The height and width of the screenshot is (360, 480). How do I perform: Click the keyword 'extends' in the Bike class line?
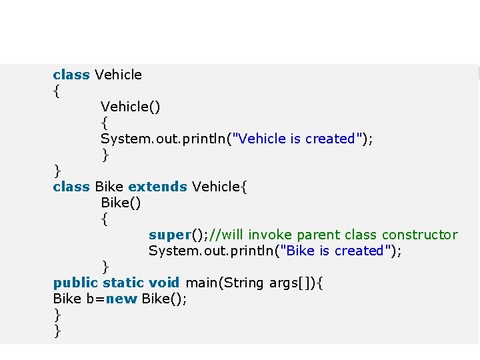pyautogui.click(x=157, y=187)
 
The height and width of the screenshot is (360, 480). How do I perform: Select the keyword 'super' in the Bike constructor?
pyautogui.click(x=169, y=235)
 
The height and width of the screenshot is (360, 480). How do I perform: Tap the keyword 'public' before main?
pyautogui.click(x=75, y=283)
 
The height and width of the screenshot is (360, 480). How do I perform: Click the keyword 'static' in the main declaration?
pyautogui.click(x=123, y=283)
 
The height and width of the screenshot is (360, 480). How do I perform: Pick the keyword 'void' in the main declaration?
pyautogui.click(x=164, y=283)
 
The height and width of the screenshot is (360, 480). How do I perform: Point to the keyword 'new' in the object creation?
pyautogui.click(x=121, y=299)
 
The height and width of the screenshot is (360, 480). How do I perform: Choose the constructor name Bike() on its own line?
pyautogui.click(x=121, y=203)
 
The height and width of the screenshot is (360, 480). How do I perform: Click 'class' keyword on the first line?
pyautogui.click(x=71, y=75)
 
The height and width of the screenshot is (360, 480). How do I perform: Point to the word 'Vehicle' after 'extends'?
pyautogui.click(x=215, y=187)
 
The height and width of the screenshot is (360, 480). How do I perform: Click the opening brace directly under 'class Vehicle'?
pyautogui.click(x=57, y=91)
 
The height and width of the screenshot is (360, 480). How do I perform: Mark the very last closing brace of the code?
pyautogui.click(x=57, y=331)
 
